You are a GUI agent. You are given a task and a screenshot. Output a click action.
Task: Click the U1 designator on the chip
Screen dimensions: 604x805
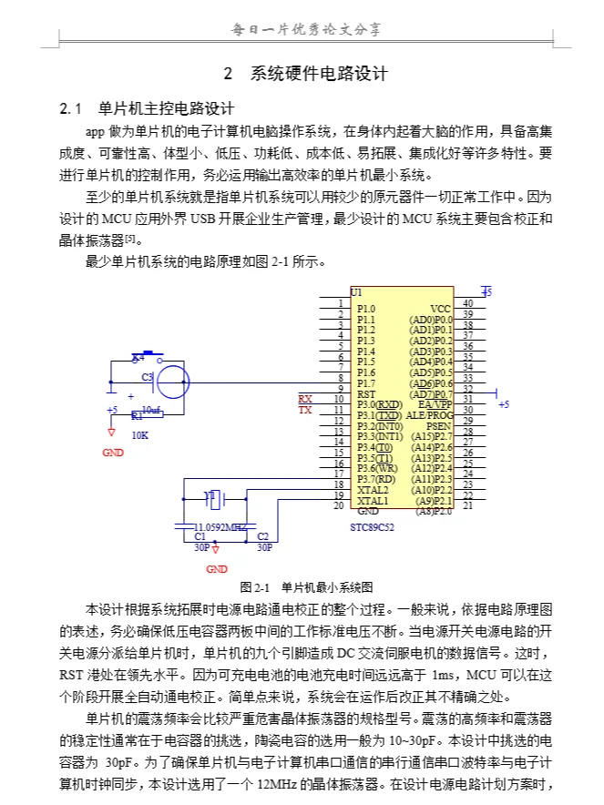(356, 291)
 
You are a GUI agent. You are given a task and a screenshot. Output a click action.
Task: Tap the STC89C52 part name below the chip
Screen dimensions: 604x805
(374, 527)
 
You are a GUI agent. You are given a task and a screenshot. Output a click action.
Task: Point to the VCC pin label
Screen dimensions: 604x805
(440, 309)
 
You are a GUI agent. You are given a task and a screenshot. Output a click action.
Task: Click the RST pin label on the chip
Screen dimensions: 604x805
(365, 393)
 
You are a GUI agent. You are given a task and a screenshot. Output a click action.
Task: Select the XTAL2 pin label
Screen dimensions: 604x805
(373, 490)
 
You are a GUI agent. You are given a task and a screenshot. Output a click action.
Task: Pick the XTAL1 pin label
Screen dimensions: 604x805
(373, 501)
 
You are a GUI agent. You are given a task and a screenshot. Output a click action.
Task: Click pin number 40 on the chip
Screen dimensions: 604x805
(467, 303)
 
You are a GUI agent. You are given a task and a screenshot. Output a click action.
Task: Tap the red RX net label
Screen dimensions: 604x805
(305, 399)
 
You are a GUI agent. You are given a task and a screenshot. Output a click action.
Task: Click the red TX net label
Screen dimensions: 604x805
(305, 410)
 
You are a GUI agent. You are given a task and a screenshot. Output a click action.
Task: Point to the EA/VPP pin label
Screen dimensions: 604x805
(435, 404)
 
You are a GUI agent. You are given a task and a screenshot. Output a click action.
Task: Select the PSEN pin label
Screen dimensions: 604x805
(439, 425)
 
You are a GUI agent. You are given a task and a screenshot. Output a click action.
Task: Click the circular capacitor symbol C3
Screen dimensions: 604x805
(171, 380)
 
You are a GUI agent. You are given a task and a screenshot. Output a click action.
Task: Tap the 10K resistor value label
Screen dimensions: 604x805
(139, 435)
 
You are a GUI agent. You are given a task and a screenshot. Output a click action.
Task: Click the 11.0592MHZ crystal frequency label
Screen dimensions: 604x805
(220, 527)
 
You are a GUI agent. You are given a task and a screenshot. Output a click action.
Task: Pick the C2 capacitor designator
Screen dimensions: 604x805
(262, 537)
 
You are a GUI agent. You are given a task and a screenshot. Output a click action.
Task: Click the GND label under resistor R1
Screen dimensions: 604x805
(113, 453)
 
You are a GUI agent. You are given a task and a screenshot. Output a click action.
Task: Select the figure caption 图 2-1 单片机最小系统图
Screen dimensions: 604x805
(306, 586)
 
